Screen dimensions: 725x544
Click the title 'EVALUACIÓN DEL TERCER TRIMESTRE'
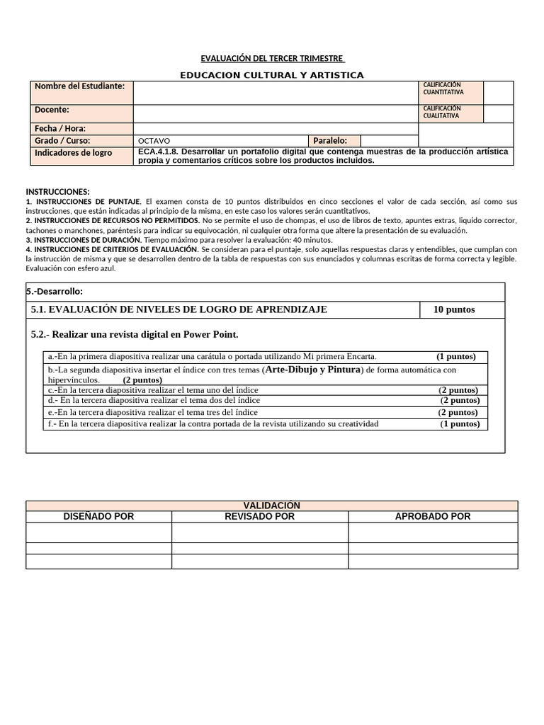tap(272, 58)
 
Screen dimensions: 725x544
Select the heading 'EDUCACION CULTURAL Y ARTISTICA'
tap(272, 75)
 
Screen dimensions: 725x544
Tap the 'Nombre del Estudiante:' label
tap(79, 86)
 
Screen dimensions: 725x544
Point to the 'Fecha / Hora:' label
tap(60, 129)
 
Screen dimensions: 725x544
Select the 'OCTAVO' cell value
tap(154, 141)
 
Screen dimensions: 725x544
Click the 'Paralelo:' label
tap(330, 141)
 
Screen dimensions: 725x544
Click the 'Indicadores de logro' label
tap(74, 153)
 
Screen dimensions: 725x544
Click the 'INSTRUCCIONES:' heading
tap(58, 192)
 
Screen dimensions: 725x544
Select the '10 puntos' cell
tap(454, 309)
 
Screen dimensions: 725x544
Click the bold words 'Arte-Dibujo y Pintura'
tap(312, 370)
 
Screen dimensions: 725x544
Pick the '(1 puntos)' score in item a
tap(455, 356)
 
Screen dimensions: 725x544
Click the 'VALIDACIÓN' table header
tap(272, 506)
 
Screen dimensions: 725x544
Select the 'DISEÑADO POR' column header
tap(99, 516)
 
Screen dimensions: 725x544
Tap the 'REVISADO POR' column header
tap(259, 516)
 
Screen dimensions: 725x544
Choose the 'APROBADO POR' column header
tap(433, 516)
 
